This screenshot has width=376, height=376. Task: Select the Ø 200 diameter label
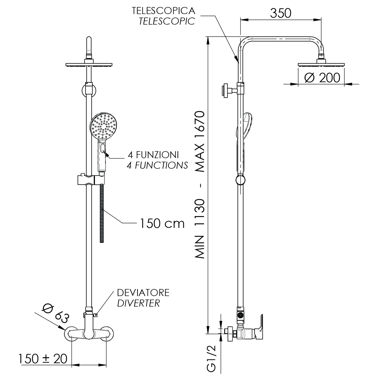[x=322, y=78]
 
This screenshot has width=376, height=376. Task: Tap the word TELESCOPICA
[x=163, y=11]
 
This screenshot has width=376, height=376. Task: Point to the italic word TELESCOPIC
[x=167, y=21]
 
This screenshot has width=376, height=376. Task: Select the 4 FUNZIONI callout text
[x=153, y=155]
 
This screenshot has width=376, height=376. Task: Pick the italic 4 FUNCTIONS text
[x=157, y=165]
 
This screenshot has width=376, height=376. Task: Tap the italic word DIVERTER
[x=138, y=303]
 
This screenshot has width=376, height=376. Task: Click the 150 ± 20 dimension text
[x=43, y=359]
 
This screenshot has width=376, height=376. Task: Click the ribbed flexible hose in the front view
[x=102, y=213]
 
